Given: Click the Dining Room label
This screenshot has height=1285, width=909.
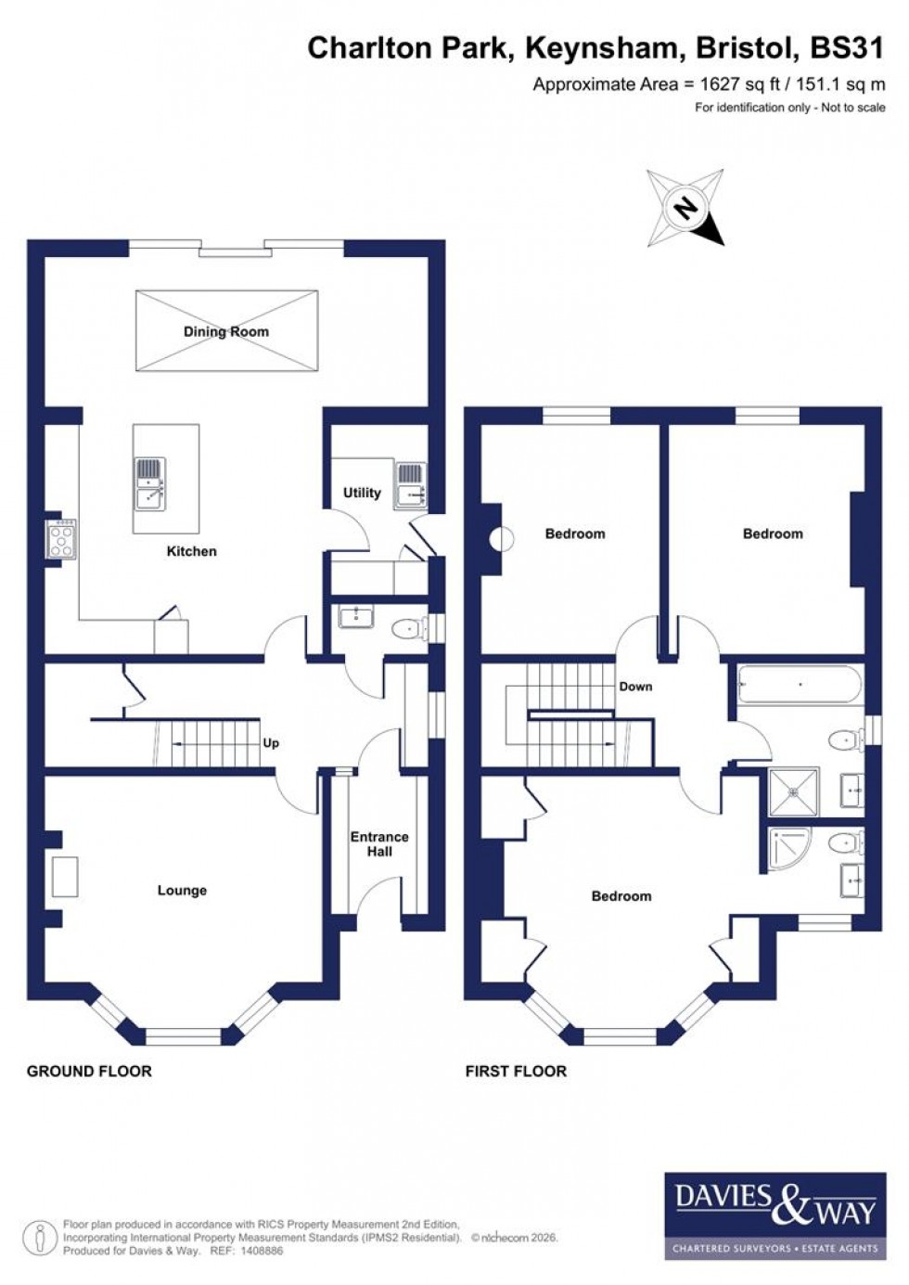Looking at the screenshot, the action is [x=225, y=331].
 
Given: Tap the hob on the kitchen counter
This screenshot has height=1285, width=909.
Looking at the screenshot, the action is [x=62, y=538].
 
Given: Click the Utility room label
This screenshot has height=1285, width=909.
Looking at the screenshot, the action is [x=362, y=493].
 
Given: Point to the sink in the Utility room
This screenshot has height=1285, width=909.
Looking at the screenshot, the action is [x=409, y=485].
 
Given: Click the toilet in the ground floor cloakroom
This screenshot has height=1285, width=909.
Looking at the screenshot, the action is [x=407, y=629].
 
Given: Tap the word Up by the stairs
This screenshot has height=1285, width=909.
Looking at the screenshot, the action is [x=271, y=743].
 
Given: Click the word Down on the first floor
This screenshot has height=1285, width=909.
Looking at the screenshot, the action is [x=635, y=687].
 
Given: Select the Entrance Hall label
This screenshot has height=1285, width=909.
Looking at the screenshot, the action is [x=378, y=843].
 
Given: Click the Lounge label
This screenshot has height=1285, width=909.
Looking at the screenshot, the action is [x=182, y=890].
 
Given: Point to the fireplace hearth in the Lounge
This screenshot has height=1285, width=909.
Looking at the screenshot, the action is [x=64, y=877].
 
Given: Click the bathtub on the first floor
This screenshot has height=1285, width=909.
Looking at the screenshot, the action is [x=799, y=687].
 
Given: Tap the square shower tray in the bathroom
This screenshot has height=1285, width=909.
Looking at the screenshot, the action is [x=793, y=791].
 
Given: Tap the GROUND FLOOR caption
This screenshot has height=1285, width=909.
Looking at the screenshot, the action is [x=89, y=1071].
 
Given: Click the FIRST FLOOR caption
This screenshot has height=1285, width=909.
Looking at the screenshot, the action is [x=516, y=1071].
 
